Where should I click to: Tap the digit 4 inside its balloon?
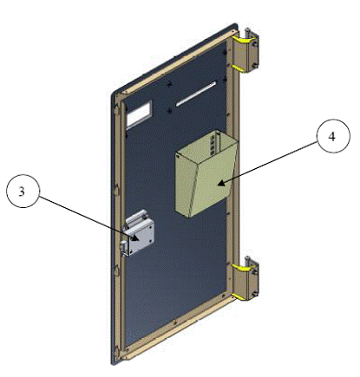[x=332, y=136]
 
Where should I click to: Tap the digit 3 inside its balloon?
[x=22, y=192]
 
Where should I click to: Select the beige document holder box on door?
[x=206, y=174]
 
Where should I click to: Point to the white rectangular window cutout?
[x=140, y=114]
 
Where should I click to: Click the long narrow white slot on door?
[x=196, y=94]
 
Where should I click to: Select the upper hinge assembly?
[x=245, y=50]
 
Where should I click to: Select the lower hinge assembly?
[x=245, y=278]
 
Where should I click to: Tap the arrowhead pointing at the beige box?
[x=221, y=183]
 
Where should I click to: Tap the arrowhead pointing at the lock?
[x=135, y=238]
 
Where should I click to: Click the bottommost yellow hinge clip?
[x=239, y=296]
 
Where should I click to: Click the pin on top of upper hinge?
[x=248, y=32]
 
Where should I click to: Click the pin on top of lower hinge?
[x=248, y=260]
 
